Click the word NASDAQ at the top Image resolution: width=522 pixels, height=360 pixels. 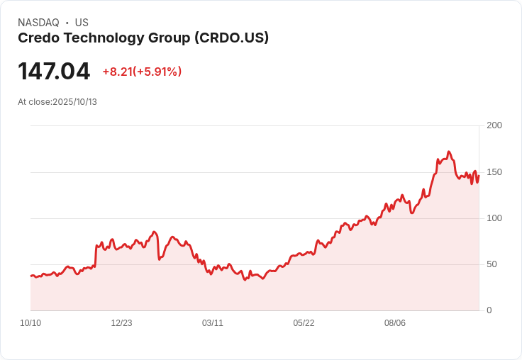[x=38, y=23]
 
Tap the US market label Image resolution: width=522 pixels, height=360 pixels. [x=82, y=23]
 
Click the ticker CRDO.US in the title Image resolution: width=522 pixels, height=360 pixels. [x=231, y=38]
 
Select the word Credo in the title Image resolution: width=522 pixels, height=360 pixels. [x=38, y=38]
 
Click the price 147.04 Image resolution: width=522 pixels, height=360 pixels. [x=54, y=72]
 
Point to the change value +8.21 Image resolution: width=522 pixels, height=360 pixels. [x=117, y=72]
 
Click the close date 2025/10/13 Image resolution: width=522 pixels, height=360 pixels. [x=74, y=102]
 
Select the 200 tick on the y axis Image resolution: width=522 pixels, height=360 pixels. [x=494, y=125]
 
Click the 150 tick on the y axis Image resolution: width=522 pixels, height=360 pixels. [x=494, y=172]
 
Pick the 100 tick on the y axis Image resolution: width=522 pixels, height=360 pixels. [x=494, y=218]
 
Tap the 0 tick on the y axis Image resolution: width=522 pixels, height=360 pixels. [x=489, y=310]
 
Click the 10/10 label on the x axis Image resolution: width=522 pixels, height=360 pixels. [x=30, y=323]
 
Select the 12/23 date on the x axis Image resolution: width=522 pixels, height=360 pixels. [x=121, y=323]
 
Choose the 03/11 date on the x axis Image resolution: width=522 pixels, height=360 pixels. [x=213, y=323]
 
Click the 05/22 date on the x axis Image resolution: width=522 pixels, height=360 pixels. [x=304, y=323]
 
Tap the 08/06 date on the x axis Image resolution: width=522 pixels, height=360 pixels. [x=395, y=323]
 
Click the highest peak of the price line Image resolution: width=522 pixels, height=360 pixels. [x=449, y=152]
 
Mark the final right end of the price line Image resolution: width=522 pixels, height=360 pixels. [x=479, y=176]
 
